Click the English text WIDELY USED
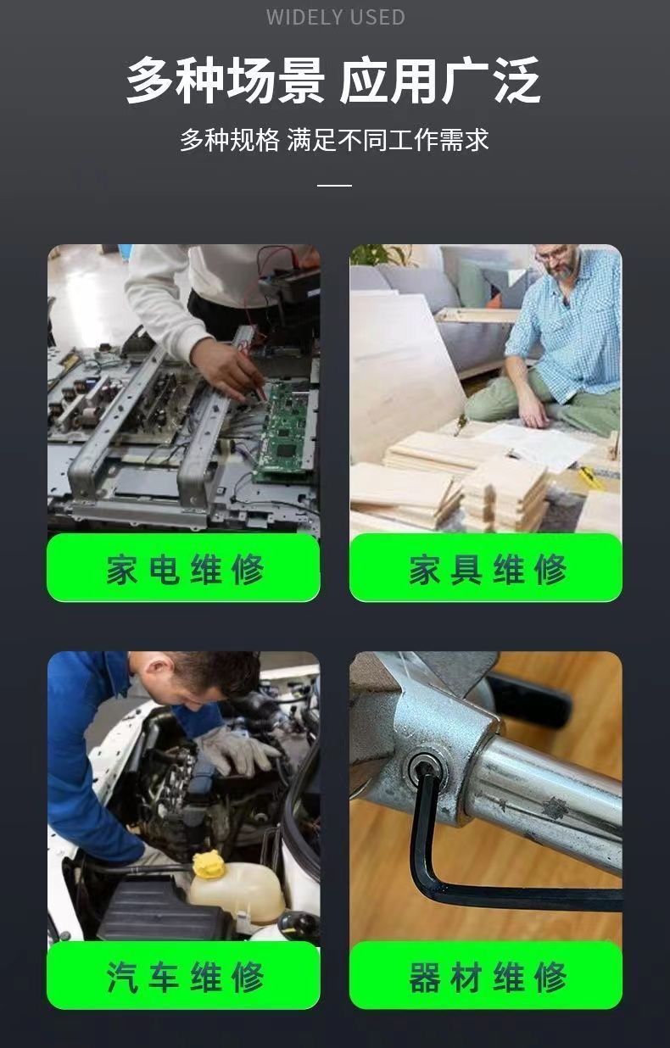pyautogui.click(x=336, y=17)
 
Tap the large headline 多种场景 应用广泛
pyautogui.click(x=333, y=81)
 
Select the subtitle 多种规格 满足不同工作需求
pyautogui.click(x=334, y=139)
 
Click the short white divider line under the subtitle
pyautogui.click(x=334, y=186)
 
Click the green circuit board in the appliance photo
pyautogui.click(x=282, y=432)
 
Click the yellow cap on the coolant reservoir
pyautogui.click(x=208, y=865)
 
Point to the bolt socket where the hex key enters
pyautogui.click(x=426, y=766)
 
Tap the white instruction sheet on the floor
pyautogui.click(x=533, y=444)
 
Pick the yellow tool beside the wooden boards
pyautogui.click(x=590, y=477)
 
